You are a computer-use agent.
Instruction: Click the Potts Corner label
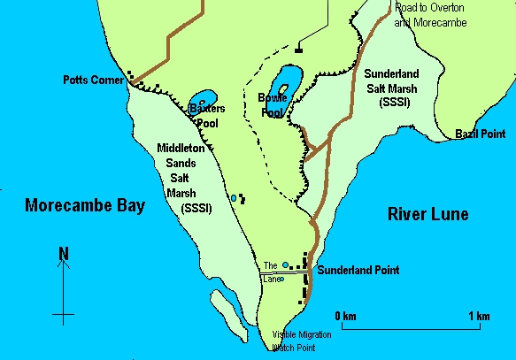point(94,80)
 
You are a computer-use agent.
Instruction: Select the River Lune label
point(428,215)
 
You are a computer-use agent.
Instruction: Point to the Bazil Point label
point(480,133)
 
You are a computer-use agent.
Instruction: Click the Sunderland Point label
point(358,270)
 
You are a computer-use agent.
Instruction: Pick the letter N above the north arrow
point(63,255)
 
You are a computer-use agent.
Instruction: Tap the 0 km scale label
point(345,316)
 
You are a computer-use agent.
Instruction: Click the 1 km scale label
point(478,316)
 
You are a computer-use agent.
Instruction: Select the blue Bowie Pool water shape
point(285,84)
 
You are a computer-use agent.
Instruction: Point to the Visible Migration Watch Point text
point(302,341)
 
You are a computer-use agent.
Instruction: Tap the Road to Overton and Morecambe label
point(435,14)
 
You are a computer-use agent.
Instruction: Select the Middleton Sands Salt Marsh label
point(180,177)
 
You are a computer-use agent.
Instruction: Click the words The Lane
point(271,272)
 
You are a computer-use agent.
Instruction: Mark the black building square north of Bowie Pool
point(298,50)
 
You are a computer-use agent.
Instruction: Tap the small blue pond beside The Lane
point(285,264)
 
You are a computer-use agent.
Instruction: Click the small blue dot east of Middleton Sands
point(234,198)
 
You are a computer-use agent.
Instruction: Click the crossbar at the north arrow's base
point(63,314)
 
